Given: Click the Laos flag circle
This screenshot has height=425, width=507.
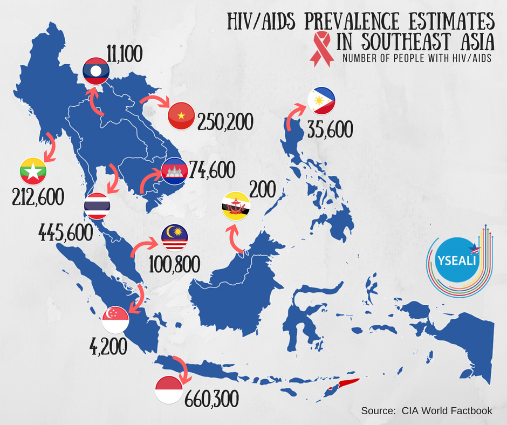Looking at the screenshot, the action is [x=96, y=71].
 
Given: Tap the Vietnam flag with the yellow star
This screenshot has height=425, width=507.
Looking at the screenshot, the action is [x=181, y=115].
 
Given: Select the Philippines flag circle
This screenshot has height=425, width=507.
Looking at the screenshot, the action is [x=321, y=101].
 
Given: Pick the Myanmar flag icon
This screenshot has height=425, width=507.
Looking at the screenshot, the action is [x=33, y=171].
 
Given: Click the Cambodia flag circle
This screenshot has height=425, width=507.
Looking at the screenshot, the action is [x=174, y=171].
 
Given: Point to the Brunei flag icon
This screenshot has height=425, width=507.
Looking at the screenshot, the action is [x=236, y=206].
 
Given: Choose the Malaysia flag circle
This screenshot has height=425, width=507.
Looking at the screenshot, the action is [x=175, y=238].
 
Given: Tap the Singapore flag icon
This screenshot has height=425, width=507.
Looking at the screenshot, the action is [x=115, y=320].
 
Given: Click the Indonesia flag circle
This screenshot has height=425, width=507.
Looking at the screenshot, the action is [x=169, y=390].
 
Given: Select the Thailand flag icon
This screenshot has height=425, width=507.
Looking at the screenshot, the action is [x=97, y=205].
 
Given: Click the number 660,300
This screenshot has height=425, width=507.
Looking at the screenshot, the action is [x=212, y=399].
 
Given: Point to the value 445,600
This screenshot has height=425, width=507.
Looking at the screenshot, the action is [x=66, y=232].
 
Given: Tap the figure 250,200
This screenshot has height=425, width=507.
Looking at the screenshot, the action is [x=225, y=122].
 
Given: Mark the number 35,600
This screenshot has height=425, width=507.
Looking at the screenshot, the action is [x=330, y=129].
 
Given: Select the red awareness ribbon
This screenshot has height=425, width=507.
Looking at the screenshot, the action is [x=321, y=49].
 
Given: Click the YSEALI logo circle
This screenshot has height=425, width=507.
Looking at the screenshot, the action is [x=456, y=260].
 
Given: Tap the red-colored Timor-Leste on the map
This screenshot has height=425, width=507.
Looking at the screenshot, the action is [x=347, y=383].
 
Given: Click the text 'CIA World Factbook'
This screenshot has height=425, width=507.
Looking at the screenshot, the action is [x=447, y=410].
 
